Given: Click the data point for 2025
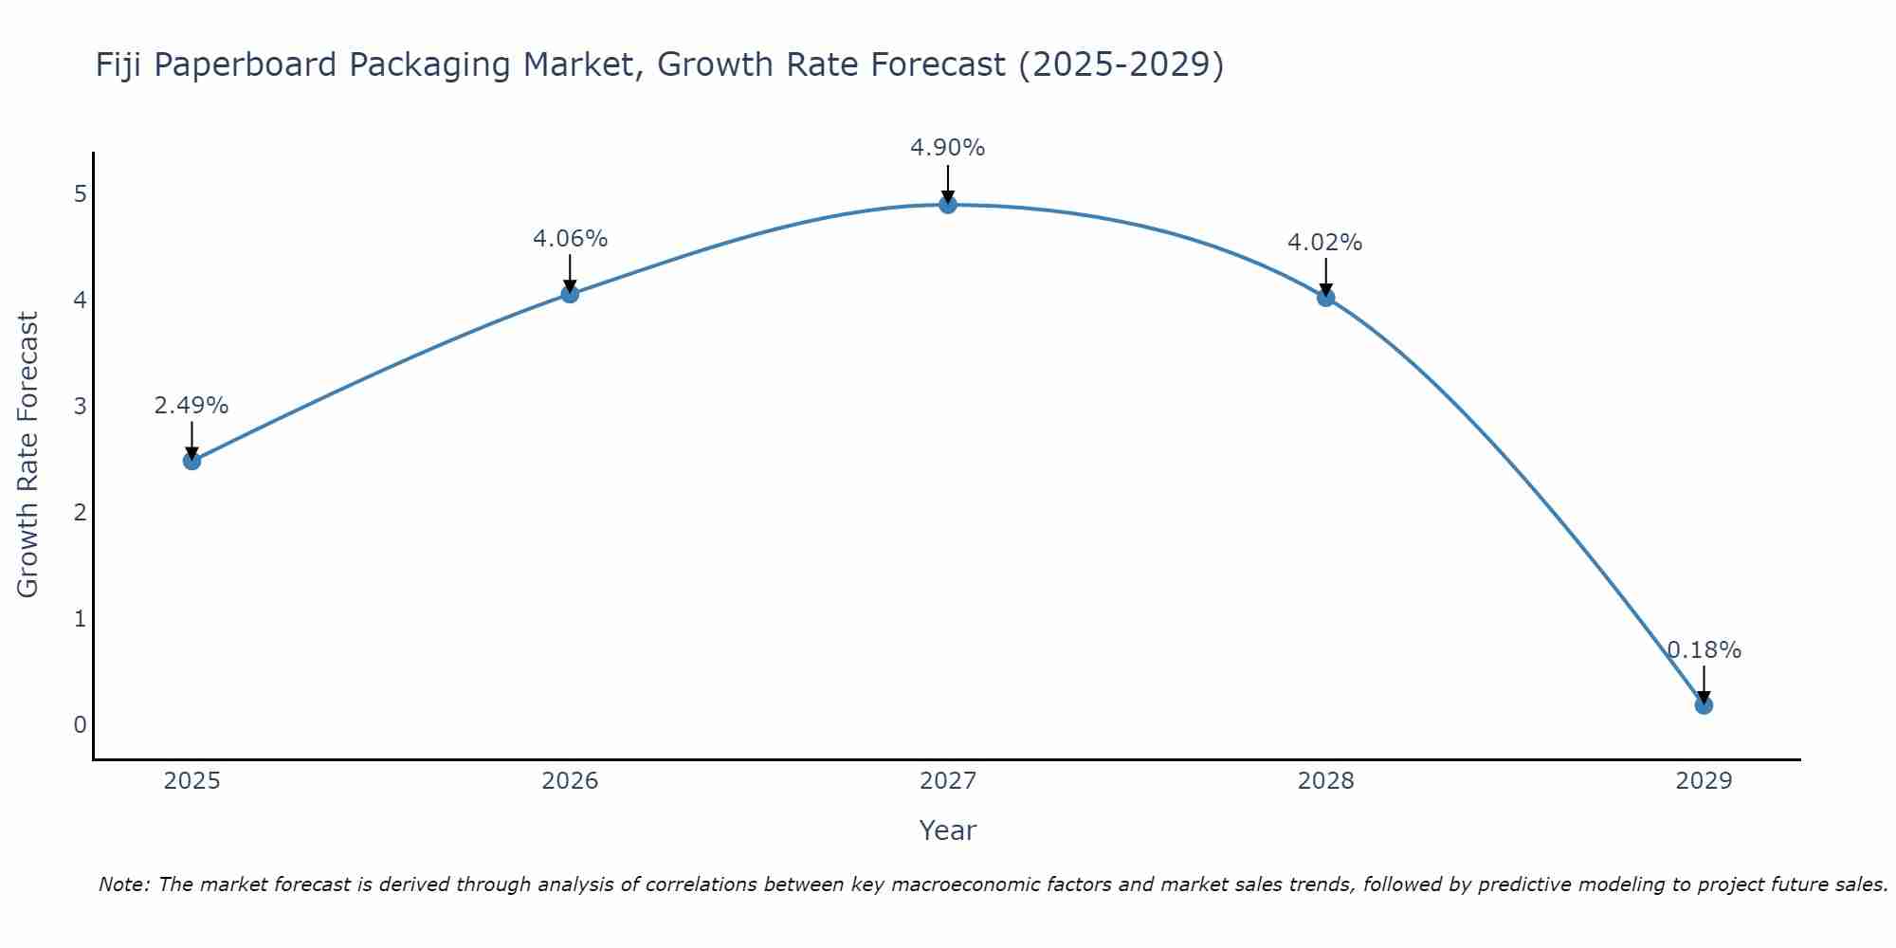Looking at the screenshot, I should point(191,461).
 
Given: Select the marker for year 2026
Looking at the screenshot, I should point(570,294).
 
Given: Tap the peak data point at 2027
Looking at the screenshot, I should point(948,205).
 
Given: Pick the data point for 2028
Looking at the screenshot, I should point(1325,298).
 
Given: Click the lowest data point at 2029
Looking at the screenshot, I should point(1704,705).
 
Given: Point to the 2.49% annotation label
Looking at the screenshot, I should point(191,406).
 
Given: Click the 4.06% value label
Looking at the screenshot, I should point(570,239).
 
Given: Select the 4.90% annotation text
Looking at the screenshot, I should point(948,148).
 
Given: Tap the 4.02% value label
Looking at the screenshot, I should point(1325,243).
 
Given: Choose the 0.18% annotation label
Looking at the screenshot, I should point(1704,650).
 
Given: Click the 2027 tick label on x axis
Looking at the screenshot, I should point(948,781).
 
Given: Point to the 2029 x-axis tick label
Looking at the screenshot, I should point(1704,781).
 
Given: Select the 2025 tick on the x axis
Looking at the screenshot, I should point(191,781).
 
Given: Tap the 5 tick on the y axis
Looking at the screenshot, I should point(80,194).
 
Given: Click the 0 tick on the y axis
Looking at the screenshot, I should point(80,725).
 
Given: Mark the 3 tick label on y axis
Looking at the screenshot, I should point(80,407).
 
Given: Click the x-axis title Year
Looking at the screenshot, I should point(948,830).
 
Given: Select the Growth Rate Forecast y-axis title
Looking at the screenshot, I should point(28,455).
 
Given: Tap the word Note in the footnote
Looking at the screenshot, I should point(123,884).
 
